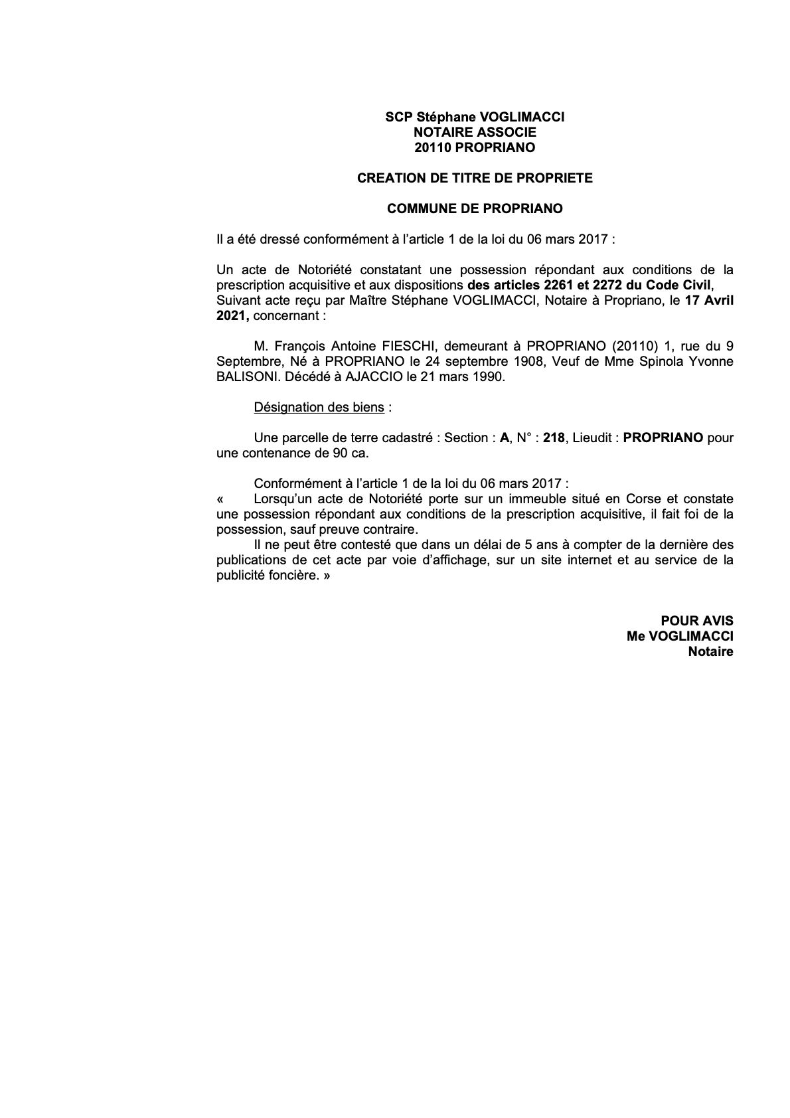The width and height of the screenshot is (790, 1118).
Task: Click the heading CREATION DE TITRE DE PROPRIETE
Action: [475, 178]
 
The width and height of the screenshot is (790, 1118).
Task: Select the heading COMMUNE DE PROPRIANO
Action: [475, 208]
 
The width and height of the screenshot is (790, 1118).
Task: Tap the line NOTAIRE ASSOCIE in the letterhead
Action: [475, 132]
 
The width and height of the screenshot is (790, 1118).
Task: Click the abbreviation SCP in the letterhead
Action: [399, 117]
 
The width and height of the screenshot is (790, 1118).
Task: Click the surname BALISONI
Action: [243, 376]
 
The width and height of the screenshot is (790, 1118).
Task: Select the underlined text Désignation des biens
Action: [319, 407]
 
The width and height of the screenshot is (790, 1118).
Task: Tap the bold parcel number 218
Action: [554, 438]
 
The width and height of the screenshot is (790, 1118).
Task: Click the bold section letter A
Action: [504, 438]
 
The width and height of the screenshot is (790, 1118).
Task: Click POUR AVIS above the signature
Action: [697, 621]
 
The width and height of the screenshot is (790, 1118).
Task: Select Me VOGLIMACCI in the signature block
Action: [680, 636]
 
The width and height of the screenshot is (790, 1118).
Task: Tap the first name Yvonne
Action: [711, 361]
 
